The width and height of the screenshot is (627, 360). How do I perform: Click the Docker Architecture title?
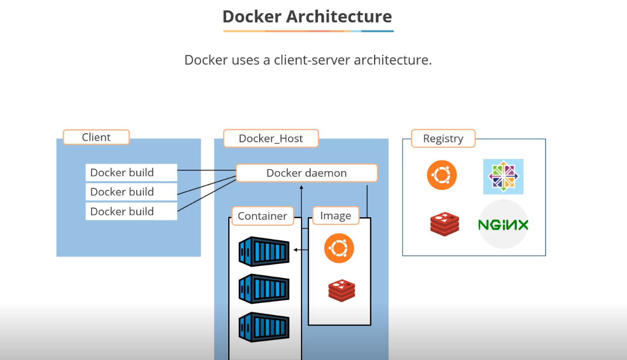click(307, 17)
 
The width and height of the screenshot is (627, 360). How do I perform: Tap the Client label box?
click(96, 137)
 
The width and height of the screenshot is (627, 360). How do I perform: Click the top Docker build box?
click(131, 173)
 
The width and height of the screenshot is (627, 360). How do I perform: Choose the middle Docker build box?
click(131, 192)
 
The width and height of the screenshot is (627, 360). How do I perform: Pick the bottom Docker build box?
click(131, 212)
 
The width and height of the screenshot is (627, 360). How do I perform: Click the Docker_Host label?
click(271, 138)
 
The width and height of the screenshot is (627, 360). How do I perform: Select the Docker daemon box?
click(307, 173)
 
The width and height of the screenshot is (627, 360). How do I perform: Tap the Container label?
click(262, 216)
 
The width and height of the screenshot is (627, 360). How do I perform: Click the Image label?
click(336, 216)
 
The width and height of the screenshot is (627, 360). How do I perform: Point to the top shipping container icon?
click(264, 252)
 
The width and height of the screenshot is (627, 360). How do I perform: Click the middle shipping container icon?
click(264, 289)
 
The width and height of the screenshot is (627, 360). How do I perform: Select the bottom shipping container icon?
click(264, 327)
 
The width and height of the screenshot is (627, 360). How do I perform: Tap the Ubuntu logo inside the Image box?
click(339, 249)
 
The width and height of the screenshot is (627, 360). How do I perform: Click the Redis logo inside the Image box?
click(342, 290)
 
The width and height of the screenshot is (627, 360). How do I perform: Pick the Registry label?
click(443, 139)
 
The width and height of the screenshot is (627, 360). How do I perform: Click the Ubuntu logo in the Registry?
click(442, 175)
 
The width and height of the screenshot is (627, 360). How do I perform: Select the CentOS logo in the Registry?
click(503, 177)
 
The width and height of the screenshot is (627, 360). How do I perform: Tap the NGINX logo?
click(503, 224)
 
